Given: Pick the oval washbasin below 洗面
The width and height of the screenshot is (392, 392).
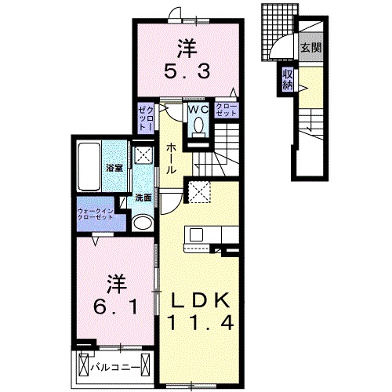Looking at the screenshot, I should pos(143,223).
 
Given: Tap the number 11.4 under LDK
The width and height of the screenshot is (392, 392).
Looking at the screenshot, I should pos(201,323).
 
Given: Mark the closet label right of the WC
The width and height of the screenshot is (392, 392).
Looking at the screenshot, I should pos(225,111).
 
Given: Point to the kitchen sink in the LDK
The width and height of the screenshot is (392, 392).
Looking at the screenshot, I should pos(196,235).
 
